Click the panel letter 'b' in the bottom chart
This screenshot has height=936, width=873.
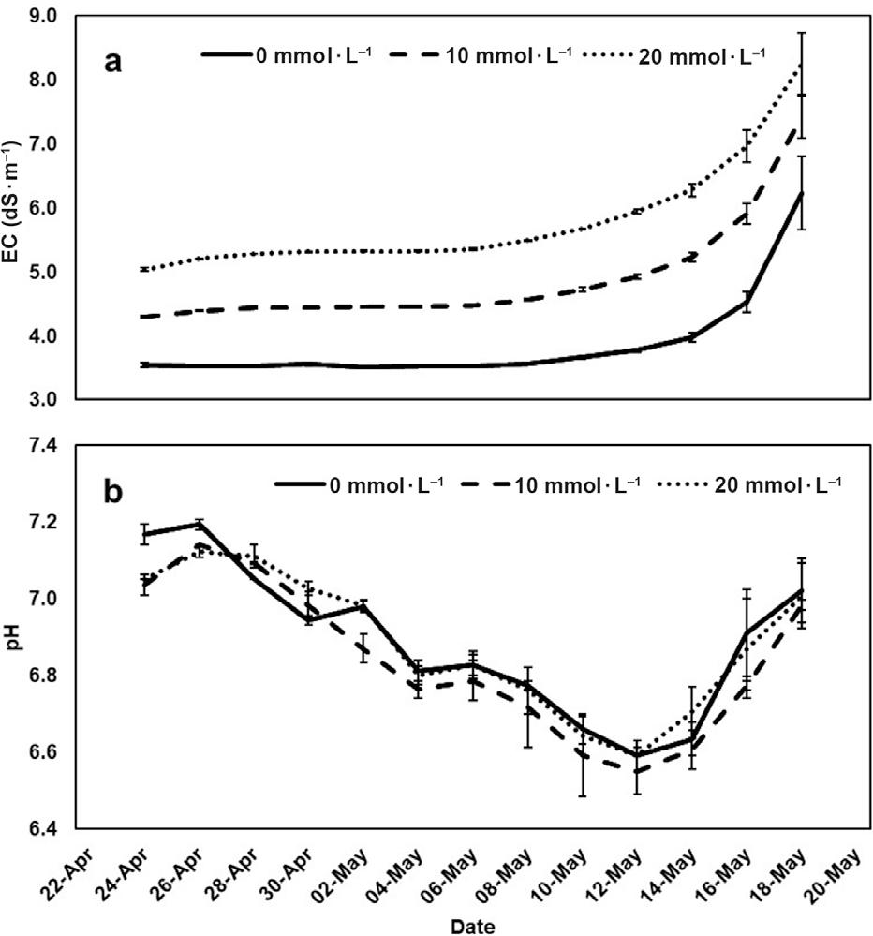click(112, 493)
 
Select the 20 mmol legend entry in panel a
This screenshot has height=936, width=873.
click(674, 54)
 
